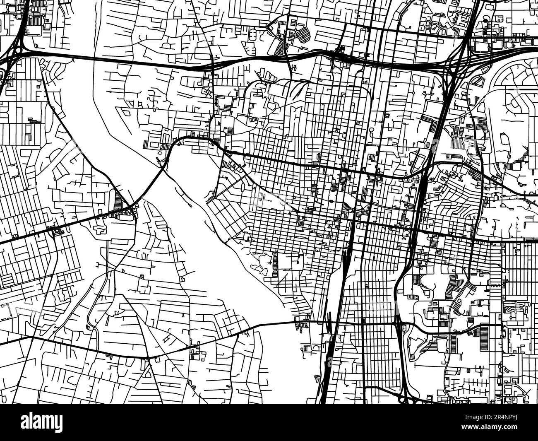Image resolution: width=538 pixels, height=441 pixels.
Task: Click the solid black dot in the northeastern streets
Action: [x=485, y=20]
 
